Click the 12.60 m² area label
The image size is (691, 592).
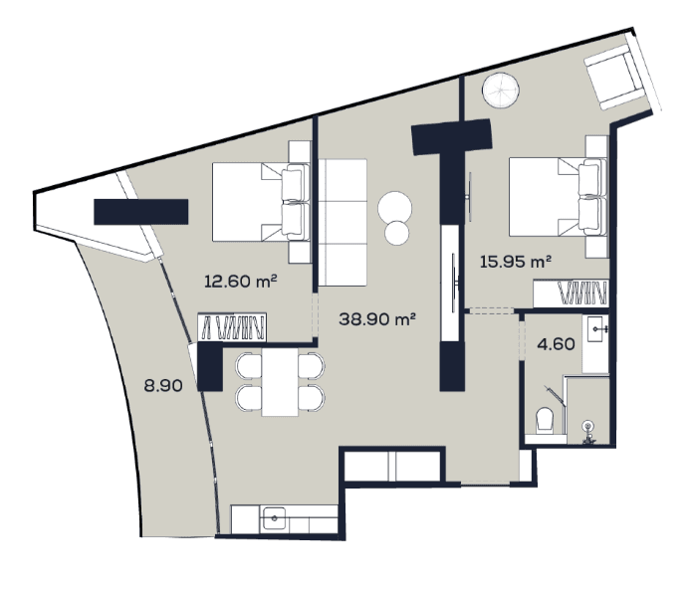pos(239,282)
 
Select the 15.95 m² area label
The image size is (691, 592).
pos(515,262)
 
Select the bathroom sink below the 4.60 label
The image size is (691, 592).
pos(595,328)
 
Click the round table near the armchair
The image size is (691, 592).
pos(500,91)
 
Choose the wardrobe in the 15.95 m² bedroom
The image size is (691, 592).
pos(572,294)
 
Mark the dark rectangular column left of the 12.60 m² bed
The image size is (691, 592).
pos(141,212)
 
